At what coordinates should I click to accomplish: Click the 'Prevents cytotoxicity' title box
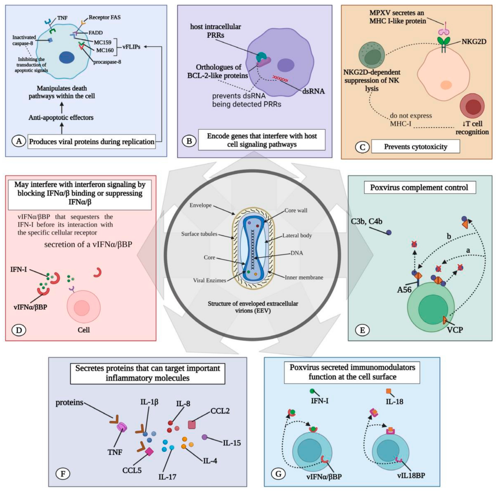[x=415, y=147]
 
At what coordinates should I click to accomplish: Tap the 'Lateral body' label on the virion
[x=297, y=235]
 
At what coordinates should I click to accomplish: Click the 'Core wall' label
[x=296, y=210]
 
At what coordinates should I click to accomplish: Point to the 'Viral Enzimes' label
[x=209, y=280]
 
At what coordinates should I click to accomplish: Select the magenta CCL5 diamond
[x=149, y=451]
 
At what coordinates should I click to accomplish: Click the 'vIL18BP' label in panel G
[x=411, y=476]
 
